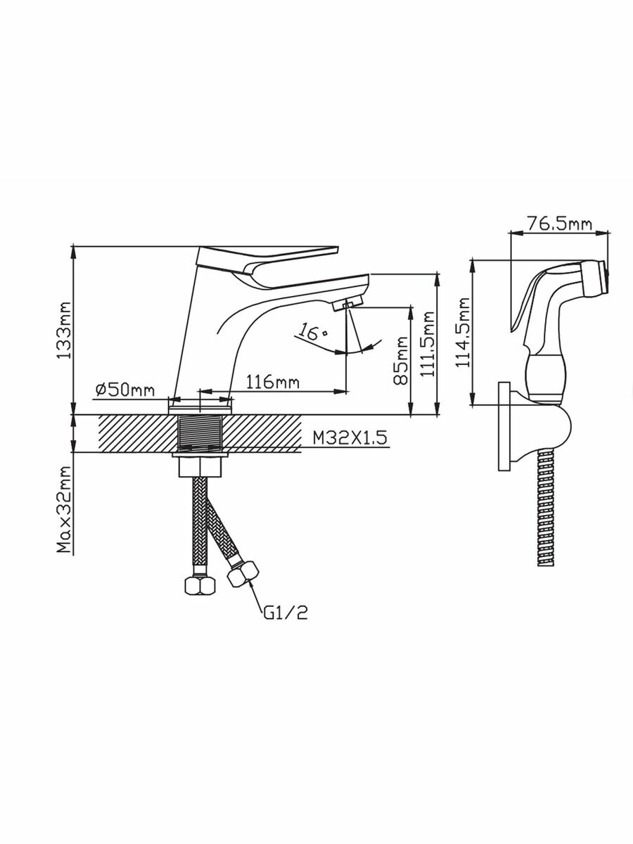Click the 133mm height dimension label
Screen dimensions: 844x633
click(64, 331)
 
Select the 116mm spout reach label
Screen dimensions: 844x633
click(272, 383)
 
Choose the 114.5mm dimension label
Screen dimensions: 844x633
click(462, 333)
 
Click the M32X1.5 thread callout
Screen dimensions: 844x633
click(350, 438)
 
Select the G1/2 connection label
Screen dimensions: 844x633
click(286, 613)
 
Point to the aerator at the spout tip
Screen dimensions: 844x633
click(345, 303)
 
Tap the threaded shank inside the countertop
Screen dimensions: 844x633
click(201, 433)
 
